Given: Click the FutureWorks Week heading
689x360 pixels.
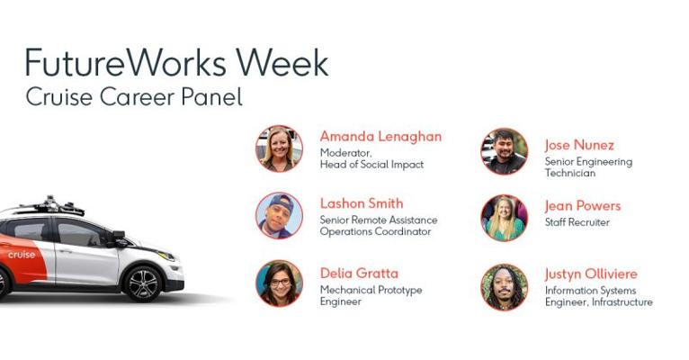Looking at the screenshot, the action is [176, 62].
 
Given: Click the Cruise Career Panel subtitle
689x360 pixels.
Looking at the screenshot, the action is [134, 97].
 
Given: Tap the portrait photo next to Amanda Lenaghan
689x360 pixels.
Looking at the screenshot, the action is [280, 148].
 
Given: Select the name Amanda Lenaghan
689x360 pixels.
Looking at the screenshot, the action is [380, 136].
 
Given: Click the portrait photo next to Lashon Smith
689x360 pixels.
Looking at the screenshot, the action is [280, 215].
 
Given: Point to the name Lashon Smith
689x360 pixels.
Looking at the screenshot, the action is [362, 203].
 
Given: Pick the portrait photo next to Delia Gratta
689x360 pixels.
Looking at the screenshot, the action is [280, 283].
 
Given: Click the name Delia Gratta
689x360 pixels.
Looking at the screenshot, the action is [359, 274].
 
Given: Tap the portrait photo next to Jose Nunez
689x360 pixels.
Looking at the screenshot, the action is [505, 151].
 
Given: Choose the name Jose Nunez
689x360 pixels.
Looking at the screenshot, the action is [579, 145].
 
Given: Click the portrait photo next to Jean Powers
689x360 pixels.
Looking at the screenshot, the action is [505, 218].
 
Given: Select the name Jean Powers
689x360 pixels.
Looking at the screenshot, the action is [583, 206].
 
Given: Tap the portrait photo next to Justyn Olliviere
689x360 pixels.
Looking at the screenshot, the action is [505, 287].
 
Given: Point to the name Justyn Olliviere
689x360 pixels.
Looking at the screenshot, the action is [591, 274].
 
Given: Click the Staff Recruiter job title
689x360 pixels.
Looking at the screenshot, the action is [577, 222].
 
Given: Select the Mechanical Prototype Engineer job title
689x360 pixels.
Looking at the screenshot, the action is [371, 295].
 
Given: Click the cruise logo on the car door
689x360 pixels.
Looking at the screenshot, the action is [21, 255].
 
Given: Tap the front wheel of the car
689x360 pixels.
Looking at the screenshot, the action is [142, 283].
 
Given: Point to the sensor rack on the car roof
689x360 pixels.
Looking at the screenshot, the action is [50, 205].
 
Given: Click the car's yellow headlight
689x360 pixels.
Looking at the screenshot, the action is [166, 256].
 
